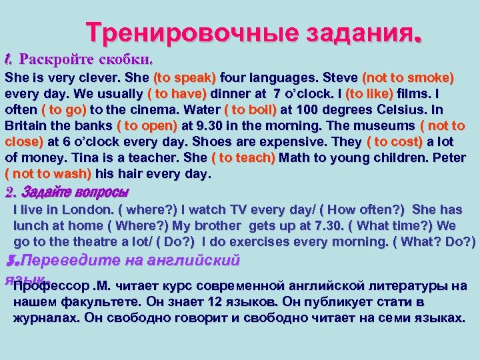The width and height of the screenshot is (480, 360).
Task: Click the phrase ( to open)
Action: (x=147, y=125)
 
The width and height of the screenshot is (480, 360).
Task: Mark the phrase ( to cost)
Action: (x=395, y=142)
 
